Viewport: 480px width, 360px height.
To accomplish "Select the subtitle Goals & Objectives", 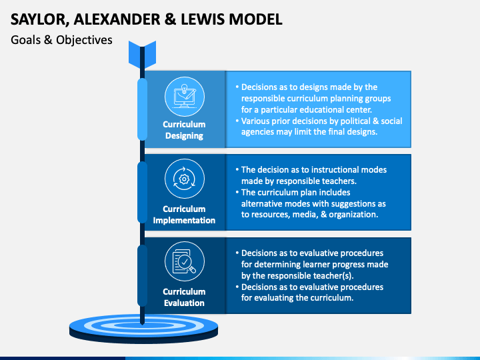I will click(61, 40).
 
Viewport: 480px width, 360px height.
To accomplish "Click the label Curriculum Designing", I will click(184, 130).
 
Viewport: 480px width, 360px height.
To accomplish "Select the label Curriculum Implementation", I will click(184, 214).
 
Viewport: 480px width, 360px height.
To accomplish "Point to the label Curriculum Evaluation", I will click(184, 297).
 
